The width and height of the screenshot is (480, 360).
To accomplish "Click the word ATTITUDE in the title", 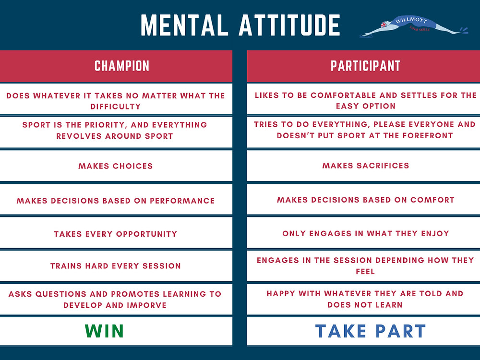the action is [289, 25].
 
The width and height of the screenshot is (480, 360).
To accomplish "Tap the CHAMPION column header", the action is [122, 66].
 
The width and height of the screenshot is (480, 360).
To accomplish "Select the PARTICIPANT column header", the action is [365, 66].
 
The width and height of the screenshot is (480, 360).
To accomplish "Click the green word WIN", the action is [104, 331].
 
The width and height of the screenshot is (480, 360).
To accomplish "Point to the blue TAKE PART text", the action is [371, 331].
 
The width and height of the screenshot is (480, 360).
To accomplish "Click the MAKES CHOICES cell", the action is [116, 166].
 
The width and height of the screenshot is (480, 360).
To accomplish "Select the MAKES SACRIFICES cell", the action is [363, 166].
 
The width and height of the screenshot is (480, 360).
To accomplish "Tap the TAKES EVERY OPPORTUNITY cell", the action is [116, 234].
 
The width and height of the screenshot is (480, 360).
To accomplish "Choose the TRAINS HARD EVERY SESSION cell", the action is [116, 266].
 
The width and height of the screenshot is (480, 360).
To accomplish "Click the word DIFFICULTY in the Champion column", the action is [116, 106].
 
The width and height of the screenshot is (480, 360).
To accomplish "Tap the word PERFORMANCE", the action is [182, 201].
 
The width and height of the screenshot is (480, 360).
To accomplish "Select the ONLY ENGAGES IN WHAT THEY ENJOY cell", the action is [363, 233].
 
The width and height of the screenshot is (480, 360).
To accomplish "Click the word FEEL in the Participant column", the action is [365, 271].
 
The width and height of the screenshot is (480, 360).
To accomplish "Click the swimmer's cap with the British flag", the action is [384, 24].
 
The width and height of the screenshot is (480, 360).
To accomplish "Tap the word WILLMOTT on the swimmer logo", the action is [411, 20].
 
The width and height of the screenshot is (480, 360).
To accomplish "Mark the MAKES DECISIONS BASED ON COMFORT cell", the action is [363, 200].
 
